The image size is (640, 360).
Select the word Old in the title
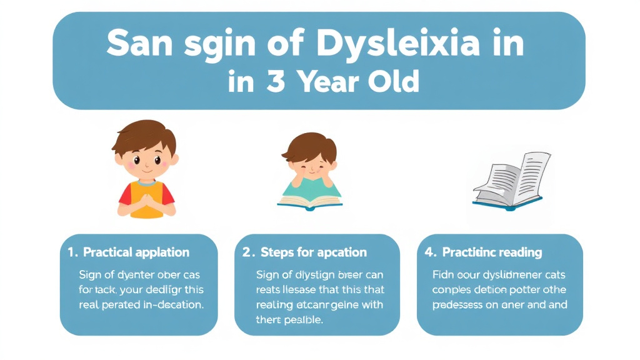[x=392, y=82]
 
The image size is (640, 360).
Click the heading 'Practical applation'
[x=136, y=252]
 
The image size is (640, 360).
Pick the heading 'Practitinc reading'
[x=492, y=252]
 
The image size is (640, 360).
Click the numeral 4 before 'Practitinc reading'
[x=430, y=252]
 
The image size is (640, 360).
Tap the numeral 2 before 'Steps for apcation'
[x=247, y=252]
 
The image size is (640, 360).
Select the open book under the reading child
[x=310, y=202]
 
